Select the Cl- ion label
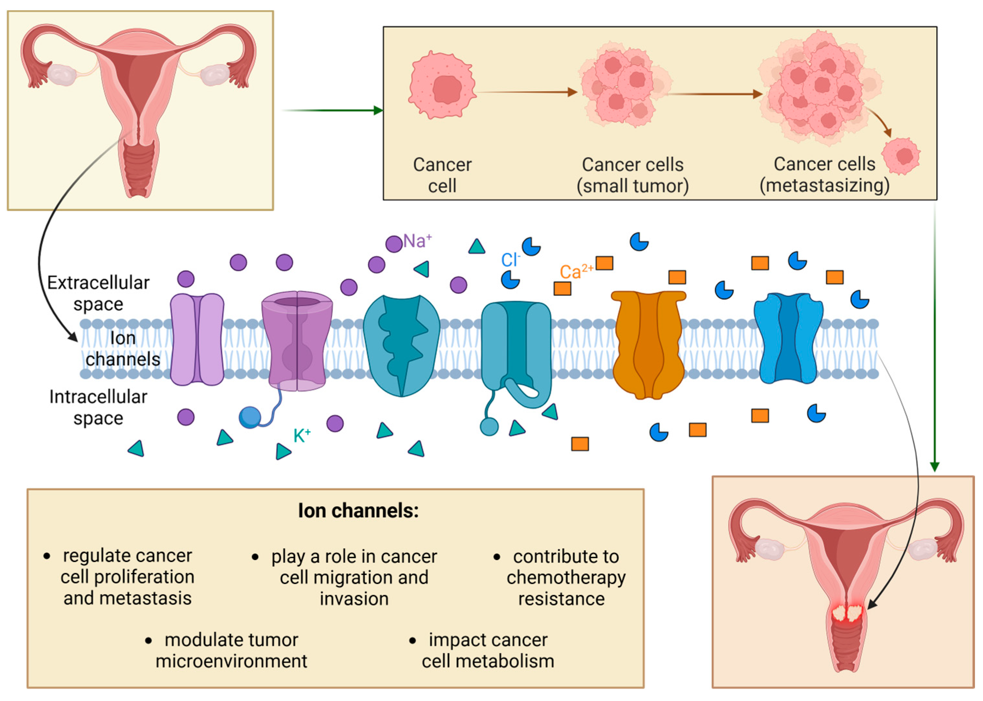(x=510, y=260)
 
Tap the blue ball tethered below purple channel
(x=250, y=417)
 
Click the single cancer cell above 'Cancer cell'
(x=442, y=85)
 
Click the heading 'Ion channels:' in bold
(x=358, y=511)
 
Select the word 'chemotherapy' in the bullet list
(x=566, y=577)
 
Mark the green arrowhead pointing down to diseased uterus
(x=934, y=467)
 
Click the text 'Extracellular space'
(x=98, y=293)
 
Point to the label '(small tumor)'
(x=632, y=186)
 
